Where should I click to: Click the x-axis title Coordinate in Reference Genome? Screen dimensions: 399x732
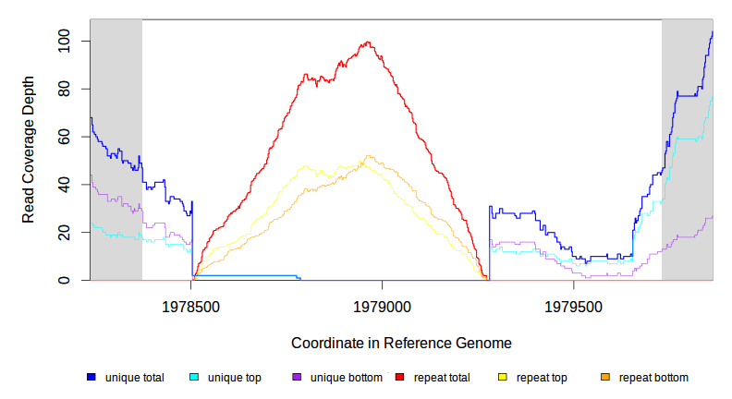401,343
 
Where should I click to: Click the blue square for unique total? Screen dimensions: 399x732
91,378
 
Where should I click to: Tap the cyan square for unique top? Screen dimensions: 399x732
194,378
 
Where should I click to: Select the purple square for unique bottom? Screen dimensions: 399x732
297,378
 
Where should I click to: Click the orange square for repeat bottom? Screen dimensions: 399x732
605,378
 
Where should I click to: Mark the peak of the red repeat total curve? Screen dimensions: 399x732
369,42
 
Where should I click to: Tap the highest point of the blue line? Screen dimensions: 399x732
712,32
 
